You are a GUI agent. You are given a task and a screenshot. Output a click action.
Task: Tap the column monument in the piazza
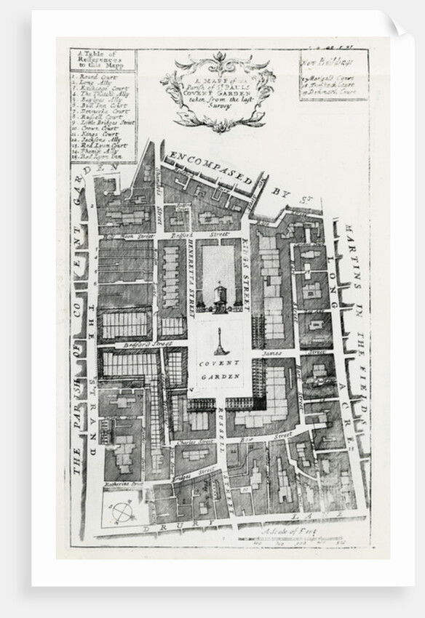point(219,342)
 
